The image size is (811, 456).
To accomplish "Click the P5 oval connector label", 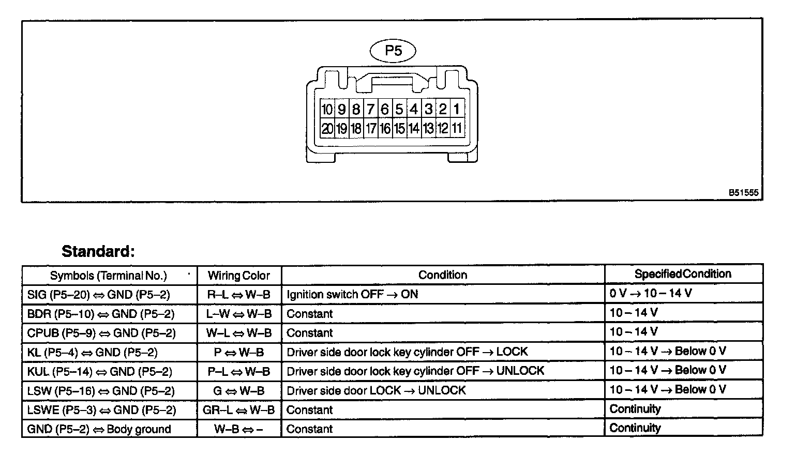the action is (x=393, y=51).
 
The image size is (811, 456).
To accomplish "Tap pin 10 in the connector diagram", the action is (x=327, y=109).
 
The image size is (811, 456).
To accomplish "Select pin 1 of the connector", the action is (x=457, y=109).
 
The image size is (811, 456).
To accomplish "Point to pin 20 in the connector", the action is (x=327, y=128).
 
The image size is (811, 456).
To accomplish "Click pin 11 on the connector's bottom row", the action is (x=457, y=128).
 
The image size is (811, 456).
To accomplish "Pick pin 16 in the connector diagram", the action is (x=385, y=128).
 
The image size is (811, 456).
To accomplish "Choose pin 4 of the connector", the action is (x=414, y=109).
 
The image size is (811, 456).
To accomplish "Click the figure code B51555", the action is (x=743, y=193).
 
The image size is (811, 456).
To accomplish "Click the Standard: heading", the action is (x=98, y=252).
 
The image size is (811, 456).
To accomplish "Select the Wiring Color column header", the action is (x=239, y=276).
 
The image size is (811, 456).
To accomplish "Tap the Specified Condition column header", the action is (x=683, y=274).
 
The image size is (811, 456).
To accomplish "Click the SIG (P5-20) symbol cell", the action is (x=99, y=295).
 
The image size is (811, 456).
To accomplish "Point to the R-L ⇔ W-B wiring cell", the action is (x=239, y=295).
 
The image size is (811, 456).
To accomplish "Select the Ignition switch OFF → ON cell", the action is (x=352, y=295).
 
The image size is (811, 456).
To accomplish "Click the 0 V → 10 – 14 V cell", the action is (x=650, y=294).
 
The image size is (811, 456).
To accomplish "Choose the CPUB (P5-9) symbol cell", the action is (x=101, y=333).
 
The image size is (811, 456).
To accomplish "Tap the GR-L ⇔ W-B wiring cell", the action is (x=239, y=410).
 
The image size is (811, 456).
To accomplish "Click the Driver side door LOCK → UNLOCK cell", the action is (x=376, y=390).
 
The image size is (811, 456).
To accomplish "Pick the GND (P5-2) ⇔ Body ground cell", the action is (x=99, y=429).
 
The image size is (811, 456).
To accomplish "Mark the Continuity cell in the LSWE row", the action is (x=635, y=409).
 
